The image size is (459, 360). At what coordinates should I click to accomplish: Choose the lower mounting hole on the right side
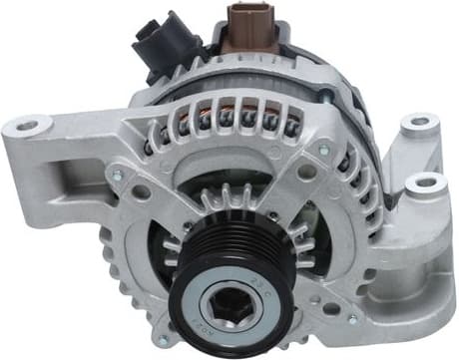(425, 183)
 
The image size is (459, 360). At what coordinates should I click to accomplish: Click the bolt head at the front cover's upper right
(322, 151)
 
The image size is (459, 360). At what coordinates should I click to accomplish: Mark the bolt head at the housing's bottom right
(350, 320)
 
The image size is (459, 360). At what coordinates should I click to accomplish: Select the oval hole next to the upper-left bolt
(142, 190)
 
